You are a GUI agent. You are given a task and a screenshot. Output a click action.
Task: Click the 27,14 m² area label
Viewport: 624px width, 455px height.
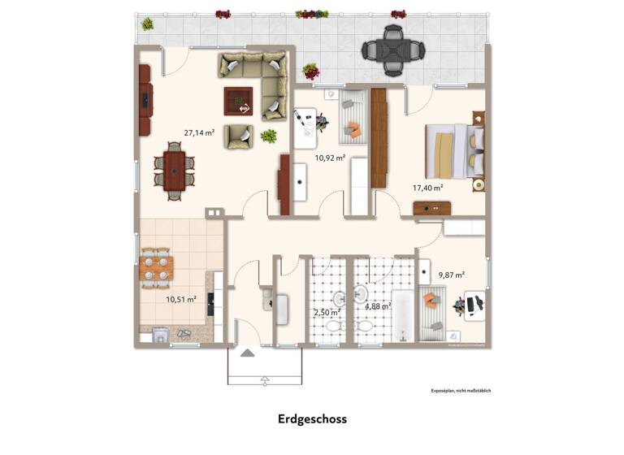[199, 132]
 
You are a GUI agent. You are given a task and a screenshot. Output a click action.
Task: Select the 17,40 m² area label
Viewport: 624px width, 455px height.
[427, 188]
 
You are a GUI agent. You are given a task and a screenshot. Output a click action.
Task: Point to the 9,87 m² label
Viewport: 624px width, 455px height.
[451, 275]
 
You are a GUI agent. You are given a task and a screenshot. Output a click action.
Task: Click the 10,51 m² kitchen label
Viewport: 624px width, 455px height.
[181, 299]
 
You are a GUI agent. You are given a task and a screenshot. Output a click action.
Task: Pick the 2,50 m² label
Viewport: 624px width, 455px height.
[327, 311]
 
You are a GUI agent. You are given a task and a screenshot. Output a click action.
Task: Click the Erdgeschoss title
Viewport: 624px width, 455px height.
[311, 419]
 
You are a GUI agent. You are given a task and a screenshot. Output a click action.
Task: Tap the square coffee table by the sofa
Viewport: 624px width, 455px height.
[239, 102]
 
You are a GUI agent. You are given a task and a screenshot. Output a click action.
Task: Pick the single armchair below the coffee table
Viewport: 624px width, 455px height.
[240, 136]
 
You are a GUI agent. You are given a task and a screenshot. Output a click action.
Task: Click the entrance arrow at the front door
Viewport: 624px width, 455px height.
[264, 380]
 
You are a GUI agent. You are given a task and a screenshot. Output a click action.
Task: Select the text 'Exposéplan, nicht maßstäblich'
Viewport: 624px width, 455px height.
[461, 391]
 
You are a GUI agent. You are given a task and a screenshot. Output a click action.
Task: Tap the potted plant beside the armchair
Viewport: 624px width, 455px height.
[268, 136]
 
